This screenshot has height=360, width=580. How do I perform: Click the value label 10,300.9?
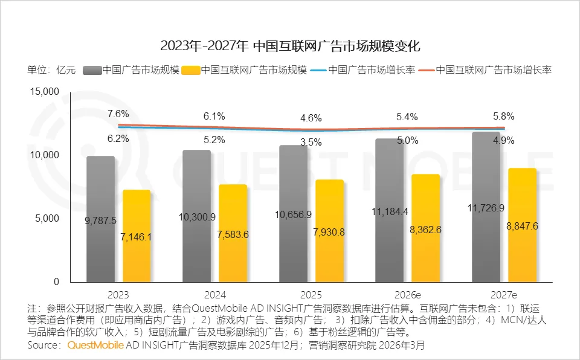click(x=196, y=216)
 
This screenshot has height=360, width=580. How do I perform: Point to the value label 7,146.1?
click(x=136, y=237)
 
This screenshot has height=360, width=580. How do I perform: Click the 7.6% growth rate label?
click(x=118, y=114)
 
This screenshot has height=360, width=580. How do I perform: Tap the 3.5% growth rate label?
click(x=311, y=143)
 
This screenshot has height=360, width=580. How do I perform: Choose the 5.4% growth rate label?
click(x=407, y=117)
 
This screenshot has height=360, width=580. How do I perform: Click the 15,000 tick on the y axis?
click(x=44, y=91)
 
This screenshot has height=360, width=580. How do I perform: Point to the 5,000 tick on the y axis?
click(x=47, y=218)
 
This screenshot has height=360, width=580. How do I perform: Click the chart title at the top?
click(x=290, y=46)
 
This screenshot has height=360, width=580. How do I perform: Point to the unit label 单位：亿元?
click(x=51, y=69)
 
